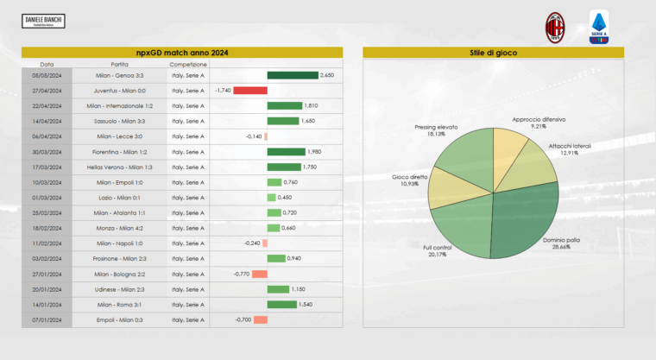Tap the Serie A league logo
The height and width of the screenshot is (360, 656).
pyautogui.click(x=599, y=27)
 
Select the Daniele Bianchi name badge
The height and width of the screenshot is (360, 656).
pyautogui.click(x=44, y=20)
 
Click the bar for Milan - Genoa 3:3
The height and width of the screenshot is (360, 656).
pyautogui.click(x=293, y=75)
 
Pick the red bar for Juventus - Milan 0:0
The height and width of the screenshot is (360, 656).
pyautogui.click(x=250, y=91)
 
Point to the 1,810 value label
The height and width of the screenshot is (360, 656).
pyautogui.click(x=311, y=105)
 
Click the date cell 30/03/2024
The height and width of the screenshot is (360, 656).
pyautogui.click(x=47, y=151)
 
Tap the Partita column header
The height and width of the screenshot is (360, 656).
pyautogui.click(x=120, y=64)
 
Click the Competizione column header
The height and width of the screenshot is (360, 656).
pyautogui.click(x=188, y=64)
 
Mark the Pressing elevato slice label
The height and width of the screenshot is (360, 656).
pyautogui.click(x=436, y=130)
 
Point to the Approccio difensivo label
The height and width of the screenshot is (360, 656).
pyautogui.click(x=538, y=122)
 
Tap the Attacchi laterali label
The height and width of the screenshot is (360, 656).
pyautogui.click(x=570, y=149)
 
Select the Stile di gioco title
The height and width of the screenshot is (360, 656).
pyautogui.click(x=501, y=53)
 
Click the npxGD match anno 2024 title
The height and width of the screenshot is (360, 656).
pyautogui.click(x=181, y=53)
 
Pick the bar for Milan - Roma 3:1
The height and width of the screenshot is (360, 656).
pyautogui.click(x=282, y=304)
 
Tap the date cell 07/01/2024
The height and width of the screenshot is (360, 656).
pyautogui.click(x=47, y=319)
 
